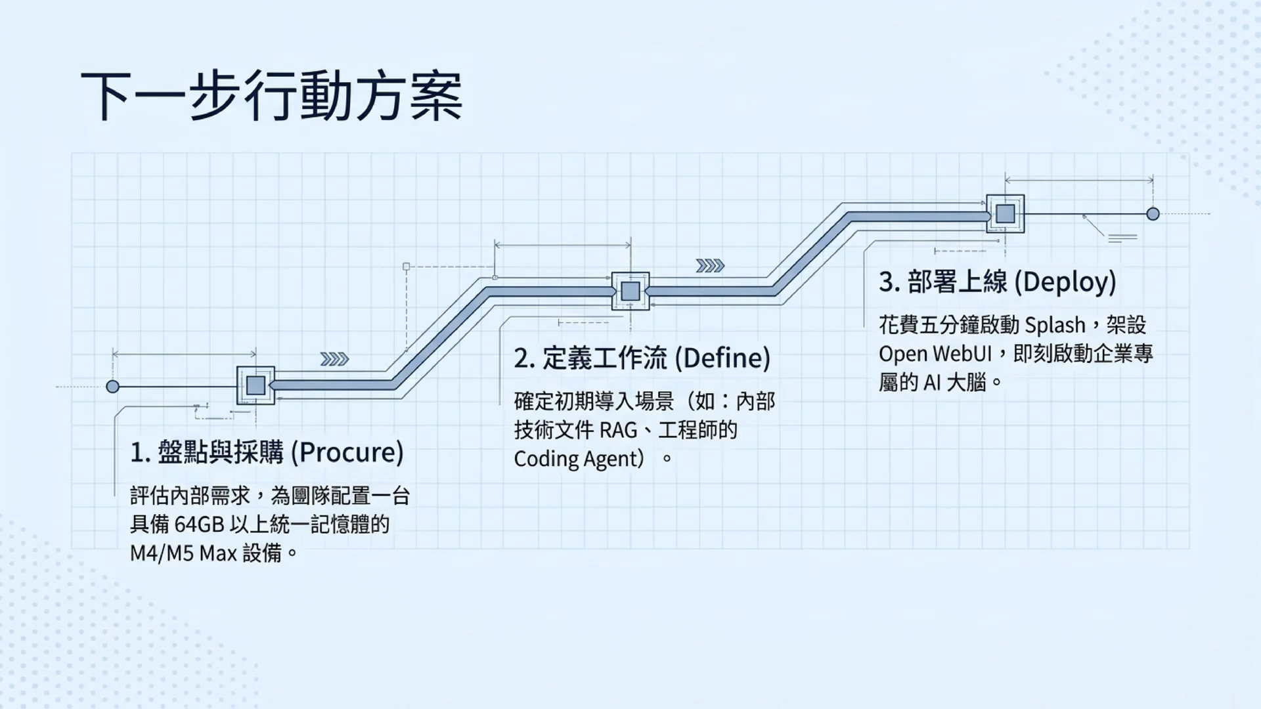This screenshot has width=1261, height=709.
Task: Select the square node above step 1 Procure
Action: tap(255, 385)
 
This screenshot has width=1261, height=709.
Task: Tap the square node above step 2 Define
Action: tap(630, 291)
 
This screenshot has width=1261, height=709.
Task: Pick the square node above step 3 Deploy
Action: tap(1006, 213)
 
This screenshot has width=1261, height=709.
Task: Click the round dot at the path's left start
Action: tap(113, 387)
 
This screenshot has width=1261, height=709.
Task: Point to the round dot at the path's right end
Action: tap(1153, 214)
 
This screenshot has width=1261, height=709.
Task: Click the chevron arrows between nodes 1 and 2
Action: tap(334, 359)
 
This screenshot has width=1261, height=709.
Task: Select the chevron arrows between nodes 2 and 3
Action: tap(710, 266)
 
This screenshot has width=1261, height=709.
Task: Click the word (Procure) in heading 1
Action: tap(347, 452)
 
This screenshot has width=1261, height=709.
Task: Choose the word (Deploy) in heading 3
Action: tap(1065, 282)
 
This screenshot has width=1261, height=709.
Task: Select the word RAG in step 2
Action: tap(619, 431)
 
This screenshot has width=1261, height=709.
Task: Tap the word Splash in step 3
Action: tap(1055, 326)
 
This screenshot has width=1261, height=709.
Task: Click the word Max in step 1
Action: tap(218, 553)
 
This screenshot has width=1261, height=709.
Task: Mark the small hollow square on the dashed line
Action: tap(407, 267)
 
